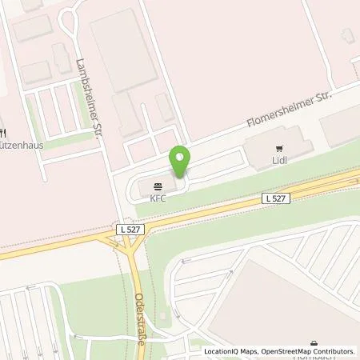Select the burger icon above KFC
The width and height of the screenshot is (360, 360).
pos(155,186)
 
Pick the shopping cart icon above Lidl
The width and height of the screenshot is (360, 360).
pos(279,148)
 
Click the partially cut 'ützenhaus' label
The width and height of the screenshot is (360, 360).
pos(21,147)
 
